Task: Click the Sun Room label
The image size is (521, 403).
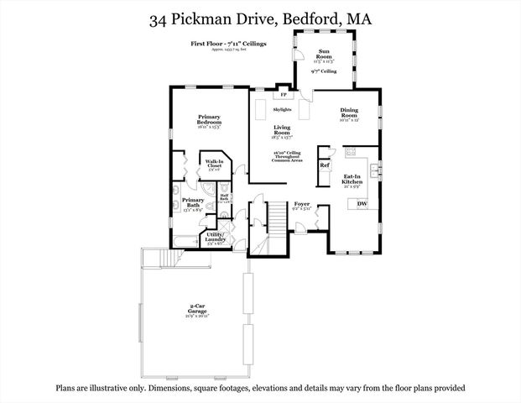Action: point(323,55)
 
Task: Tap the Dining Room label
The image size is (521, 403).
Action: point(349,113)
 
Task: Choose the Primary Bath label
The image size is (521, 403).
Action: point(193,202)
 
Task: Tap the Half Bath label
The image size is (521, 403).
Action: point(225,198)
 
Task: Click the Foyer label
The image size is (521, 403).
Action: point(302,204)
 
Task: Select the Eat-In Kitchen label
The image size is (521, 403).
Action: point(352,180)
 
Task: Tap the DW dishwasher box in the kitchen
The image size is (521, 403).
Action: point(362,204)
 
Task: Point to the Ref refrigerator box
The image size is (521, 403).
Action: point(325,165)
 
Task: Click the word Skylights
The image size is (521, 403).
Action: point(283,109)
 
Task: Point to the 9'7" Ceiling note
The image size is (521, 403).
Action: point(323,73)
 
